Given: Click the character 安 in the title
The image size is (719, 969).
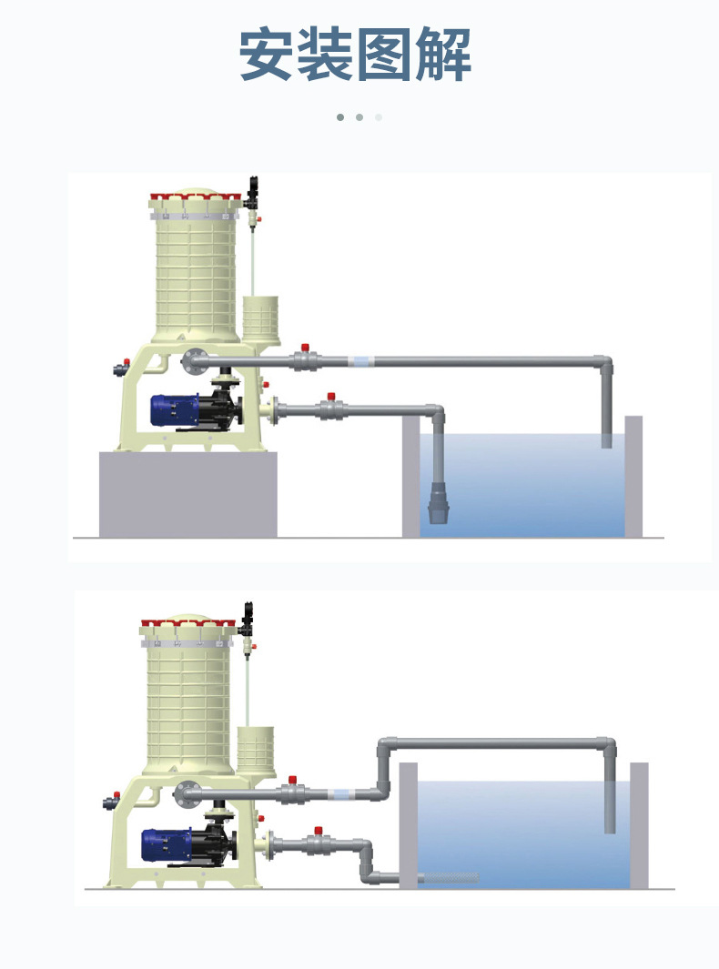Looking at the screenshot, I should coord(267,56).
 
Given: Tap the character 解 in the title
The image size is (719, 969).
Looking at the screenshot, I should coord(443,56).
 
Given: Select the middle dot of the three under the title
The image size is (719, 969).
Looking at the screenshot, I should coord(359,117).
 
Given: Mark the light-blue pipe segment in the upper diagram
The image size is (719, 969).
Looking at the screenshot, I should coord(362,361).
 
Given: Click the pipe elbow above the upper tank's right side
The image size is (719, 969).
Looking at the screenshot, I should coord(603,363).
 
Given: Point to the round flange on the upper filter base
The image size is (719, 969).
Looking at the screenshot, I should coord(192,361).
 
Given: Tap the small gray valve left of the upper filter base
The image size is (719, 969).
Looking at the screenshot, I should coord(117,369).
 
